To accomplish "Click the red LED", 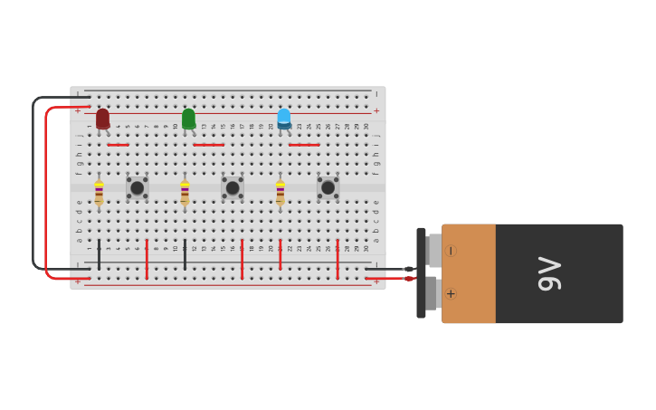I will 102,119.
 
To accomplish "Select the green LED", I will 188,119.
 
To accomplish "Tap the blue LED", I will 284,119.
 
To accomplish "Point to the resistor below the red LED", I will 99,192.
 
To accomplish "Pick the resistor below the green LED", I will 185,192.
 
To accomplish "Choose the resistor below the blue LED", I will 280,192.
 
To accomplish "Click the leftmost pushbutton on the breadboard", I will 138,187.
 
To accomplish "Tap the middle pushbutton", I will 233,187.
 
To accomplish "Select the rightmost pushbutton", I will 328,187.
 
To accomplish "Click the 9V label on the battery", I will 549,273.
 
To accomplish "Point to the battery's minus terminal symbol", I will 451,251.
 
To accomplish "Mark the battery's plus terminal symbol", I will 451,293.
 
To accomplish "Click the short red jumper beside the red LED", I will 118,145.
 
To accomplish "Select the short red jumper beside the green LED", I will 208,145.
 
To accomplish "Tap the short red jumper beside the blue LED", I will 304,145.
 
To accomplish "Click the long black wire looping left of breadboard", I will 33,181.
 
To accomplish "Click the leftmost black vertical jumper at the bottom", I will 99,254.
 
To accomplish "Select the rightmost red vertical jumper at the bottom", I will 338,259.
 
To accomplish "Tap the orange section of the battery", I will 469,273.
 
